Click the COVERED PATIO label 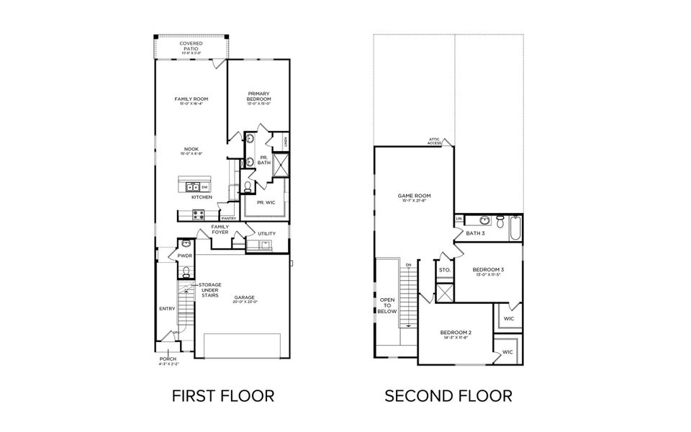pos(191,47)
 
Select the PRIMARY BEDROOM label pos(258,96)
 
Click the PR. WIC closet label pos(266,202)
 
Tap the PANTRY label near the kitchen pos(229,218)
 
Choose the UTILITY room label pos(267,233)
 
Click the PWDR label pos(185,255)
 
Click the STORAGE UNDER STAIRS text pos(209,289)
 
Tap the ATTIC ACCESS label pos(434,142)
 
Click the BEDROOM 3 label pos(489,271)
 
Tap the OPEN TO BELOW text pos(387,305)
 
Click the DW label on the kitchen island pos(204,187)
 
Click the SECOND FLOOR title pos(448,395)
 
